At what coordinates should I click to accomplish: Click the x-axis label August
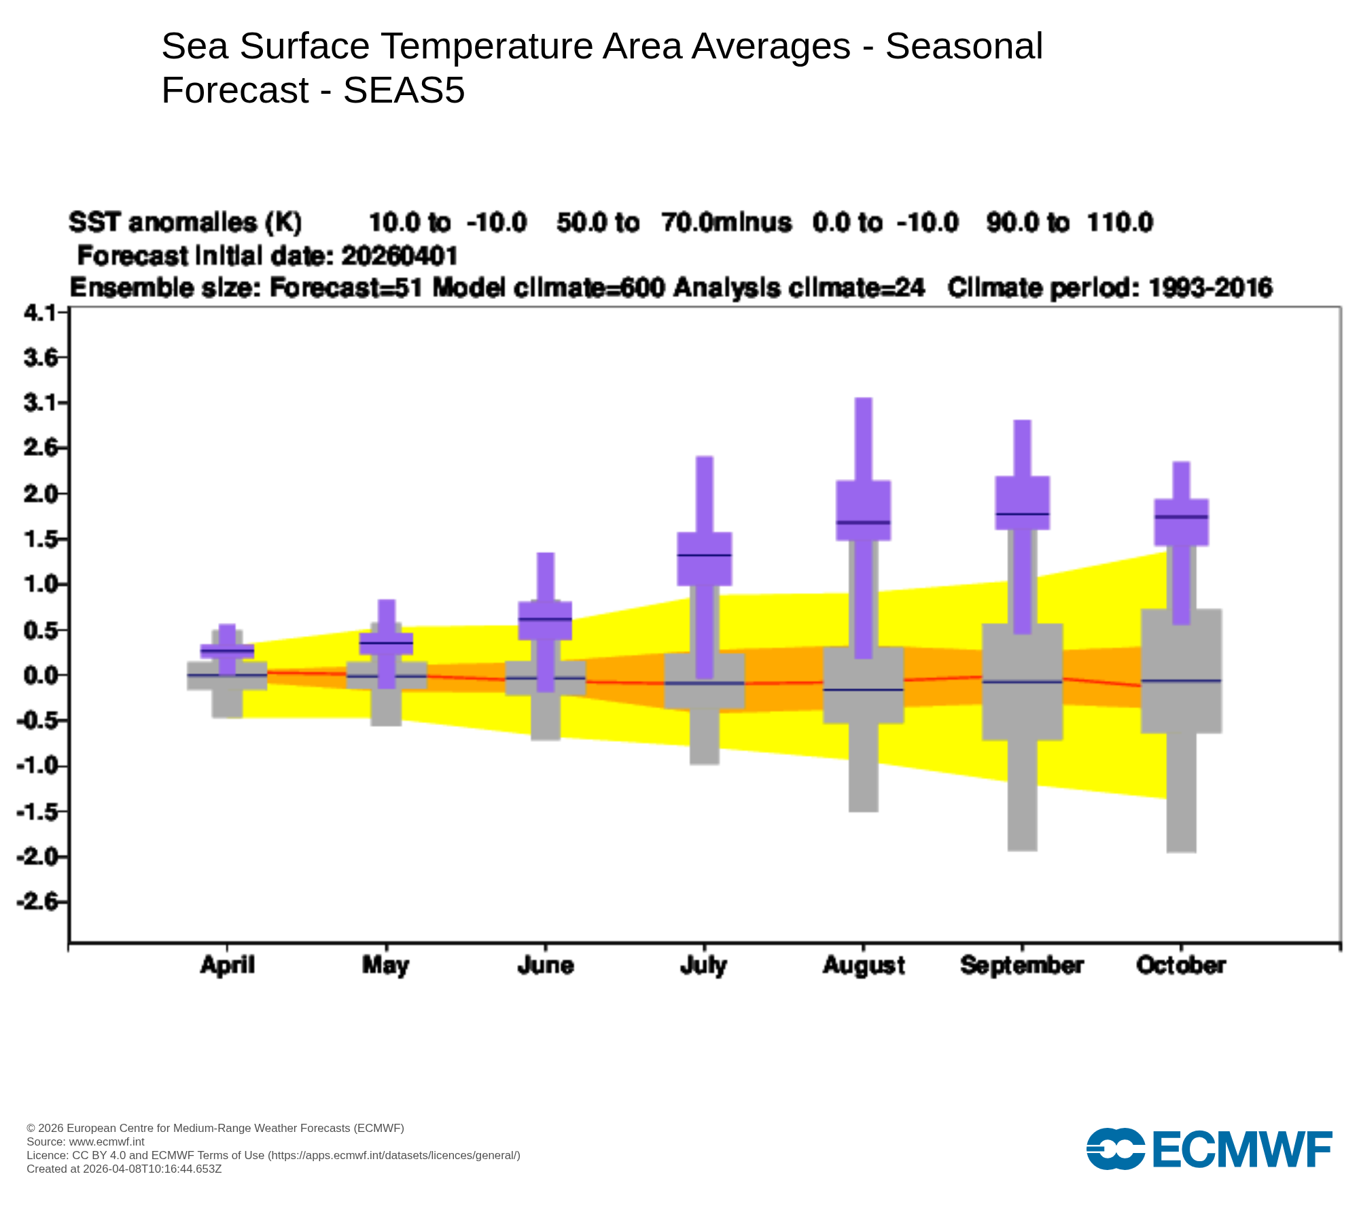pyautogui.click(x=863, y=965)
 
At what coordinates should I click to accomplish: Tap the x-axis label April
pyautogui.click(x=227, y=965)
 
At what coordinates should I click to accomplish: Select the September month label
pyautogui.click(x=1022, y=965)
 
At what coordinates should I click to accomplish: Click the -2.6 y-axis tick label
pyautogui.click(x=38, y=902)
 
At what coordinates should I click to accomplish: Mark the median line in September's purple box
pyautogui.click(x=1022, y=514)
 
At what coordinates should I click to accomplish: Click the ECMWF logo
pyautogui.click(x=1209, y=1149)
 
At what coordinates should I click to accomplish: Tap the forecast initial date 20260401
pyautogui.click(x=399, y=256)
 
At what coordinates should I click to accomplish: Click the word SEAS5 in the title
pyautogui.click(x=404, y=90)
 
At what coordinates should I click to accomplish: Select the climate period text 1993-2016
pyautogui.click(x=1210, y=288)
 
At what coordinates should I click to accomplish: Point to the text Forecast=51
pyautogui.click(x=346, y=288)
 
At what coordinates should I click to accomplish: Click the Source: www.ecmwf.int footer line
pyautogui.click(x=85, y=1141)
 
